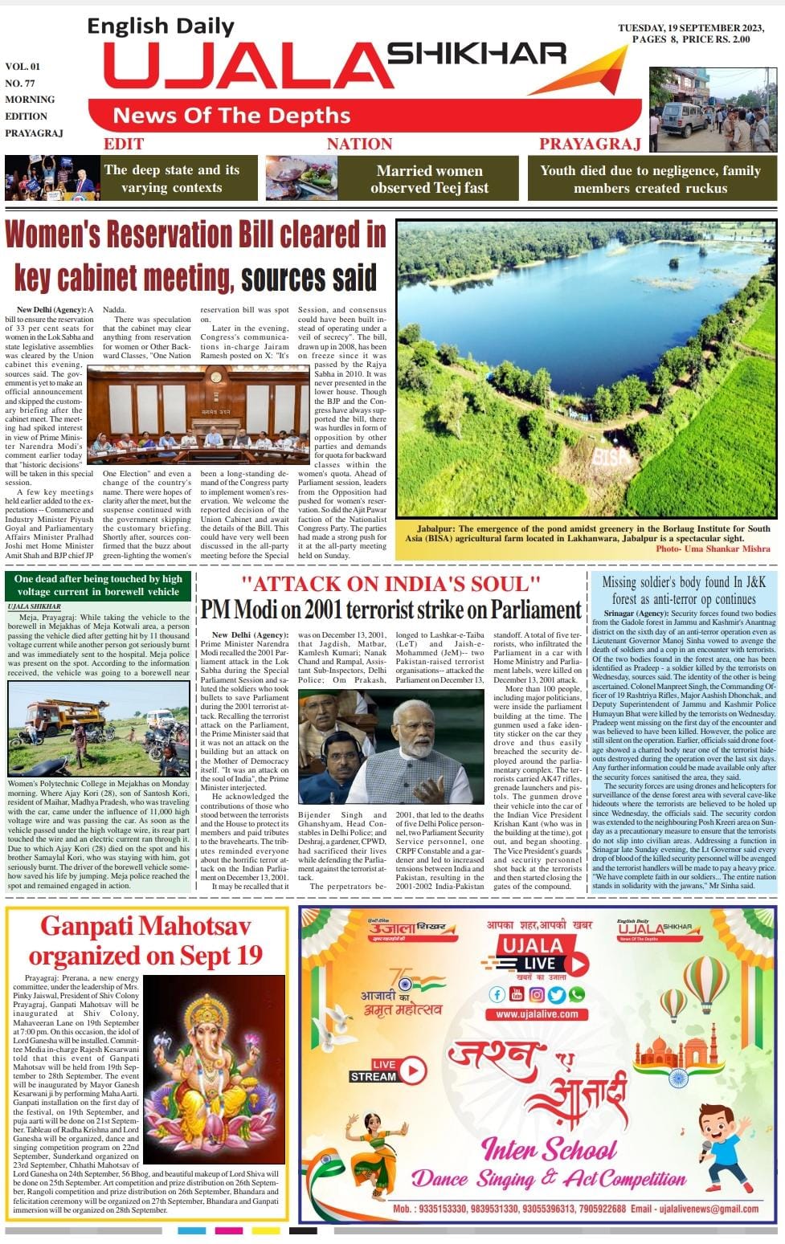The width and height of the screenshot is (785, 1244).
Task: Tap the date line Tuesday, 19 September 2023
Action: (x=691, y=28)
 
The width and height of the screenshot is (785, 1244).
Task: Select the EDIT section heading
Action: (x=124, y=145)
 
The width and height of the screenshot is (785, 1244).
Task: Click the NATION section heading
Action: (x=359, y=145)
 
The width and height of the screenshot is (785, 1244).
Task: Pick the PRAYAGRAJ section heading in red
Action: (x=590, y=145)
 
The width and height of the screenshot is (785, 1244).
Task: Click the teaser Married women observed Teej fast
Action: (x=429, y=179)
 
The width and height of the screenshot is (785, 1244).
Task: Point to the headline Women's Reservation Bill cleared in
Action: (x=196, y=235)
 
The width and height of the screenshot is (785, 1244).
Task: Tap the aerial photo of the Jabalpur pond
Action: (x=587, y=369)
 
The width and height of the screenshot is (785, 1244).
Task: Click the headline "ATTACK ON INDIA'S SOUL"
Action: (x=390, y=584)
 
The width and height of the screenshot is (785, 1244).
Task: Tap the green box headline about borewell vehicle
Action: (x=98, y=585)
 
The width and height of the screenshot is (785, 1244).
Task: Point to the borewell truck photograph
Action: (x=99, y=728)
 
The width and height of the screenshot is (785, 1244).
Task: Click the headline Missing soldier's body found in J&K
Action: (x=685, y=589)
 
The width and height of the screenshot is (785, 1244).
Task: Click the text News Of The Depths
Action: (x=231, y=116)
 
